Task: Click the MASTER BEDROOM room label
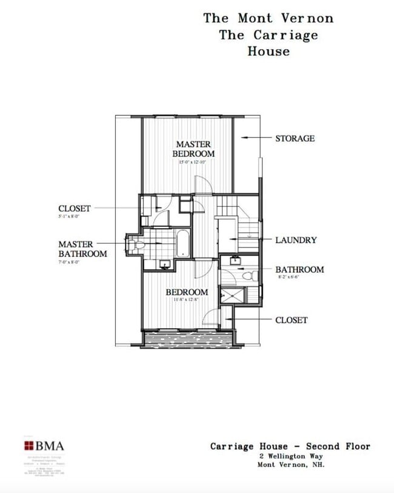click(193, 149)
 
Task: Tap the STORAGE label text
click(295, 138)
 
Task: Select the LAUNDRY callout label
click(296, 240)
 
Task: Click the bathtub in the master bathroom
click(182, 243)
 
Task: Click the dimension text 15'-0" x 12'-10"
click(193, 163)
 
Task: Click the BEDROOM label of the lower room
click(187, 292)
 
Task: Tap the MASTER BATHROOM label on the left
click(82, 249)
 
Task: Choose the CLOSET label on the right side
click(292, 320)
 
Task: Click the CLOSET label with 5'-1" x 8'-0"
click(75, 209)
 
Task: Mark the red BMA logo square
click(28, 446)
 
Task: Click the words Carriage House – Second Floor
click(290, 446)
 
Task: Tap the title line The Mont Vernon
click(269, 18)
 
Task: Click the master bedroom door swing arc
click(202, 183)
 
